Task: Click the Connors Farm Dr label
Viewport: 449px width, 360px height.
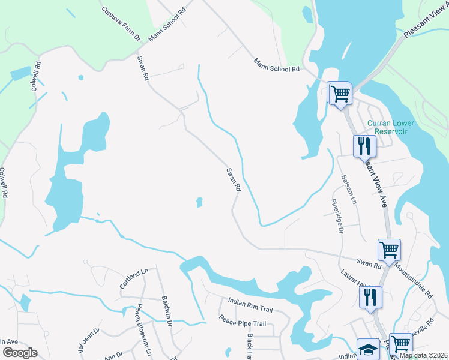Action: click(x=121, y=24)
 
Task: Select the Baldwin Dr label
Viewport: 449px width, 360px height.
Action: click(x=167, y=311)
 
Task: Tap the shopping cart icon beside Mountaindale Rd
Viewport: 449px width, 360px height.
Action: click(x=389, y=249)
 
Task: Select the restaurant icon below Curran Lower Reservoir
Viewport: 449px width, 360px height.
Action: click(x=364, y=145)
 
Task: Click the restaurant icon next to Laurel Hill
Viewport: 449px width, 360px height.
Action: click(x=370, y=296)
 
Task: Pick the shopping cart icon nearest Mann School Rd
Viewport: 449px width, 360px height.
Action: click(x=340, y=94)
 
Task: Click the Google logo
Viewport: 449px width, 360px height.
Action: click(x=20, y=353)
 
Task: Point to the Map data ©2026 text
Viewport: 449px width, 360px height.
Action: click(x=424, y=355)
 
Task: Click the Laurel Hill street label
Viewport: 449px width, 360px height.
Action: click(x=356, y=281)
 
